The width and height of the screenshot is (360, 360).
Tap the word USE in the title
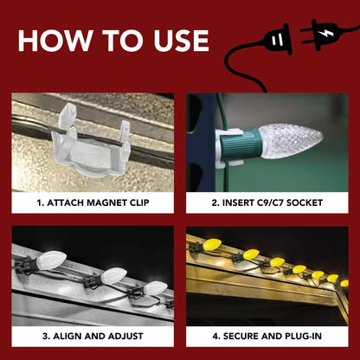(x=182, y=41)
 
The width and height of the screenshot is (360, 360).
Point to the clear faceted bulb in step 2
(x=291, y=141)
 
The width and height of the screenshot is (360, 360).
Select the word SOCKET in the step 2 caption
(x=305, y=202)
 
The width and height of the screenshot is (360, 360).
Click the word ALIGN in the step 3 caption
(x=66, y=336)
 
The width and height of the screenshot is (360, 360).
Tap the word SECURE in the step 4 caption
(x=241, y=336)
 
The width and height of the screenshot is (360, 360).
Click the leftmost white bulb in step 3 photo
(x=51, y=260)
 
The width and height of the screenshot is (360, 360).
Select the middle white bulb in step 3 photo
(x=113, y=276)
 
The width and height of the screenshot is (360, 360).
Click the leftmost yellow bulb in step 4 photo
(x=212, y=244)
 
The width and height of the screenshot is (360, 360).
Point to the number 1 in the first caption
(x=40, y=202)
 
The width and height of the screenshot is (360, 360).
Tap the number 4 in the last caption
(x=216, y=336)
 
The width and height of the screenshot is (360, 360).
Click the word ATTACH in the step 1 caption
(x=65, y=202)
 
